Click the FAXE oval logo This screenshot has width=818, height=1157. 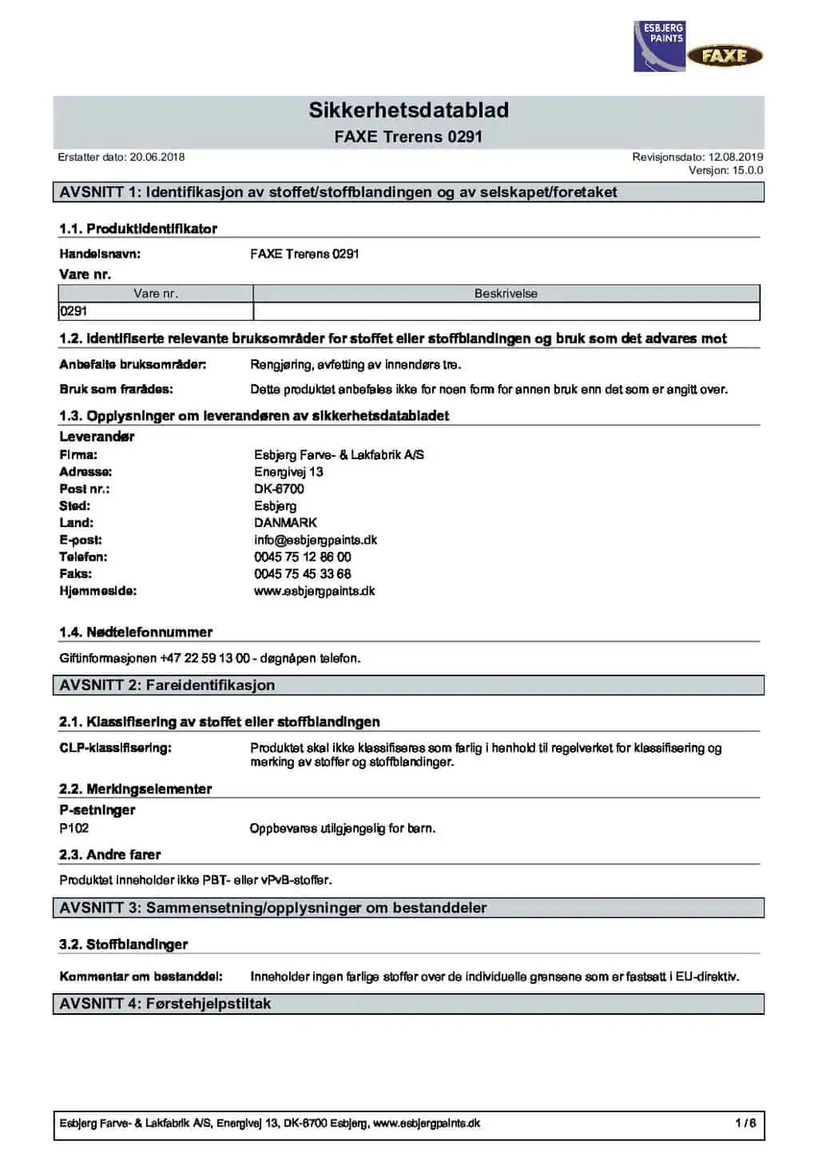click(725, 56)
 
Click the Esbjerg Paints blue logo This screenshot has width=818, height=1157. click(659, 47)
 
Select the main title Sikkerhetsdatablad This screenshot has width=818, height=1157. click(408, 110)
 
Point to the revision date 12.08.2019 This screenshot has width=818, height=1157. click(735, 157)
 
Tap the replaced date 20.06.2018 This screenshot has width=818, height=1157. click(157, 157)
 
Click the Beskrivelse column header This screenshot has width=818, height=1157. click(506, 294)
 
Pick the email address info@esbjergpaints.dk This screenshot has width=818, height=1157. click(316, 540)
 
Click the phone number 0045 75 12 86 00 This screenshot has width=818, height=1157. click(303, 557)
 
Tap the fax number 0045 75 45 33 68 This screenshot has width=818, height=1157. click(303, 574)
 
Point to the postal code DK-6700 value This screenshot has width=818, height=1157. click(279, 489)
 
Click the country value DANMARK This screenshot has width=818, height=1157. click(285, 523)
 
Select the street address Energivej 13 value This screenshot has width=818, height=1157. click(288, 472)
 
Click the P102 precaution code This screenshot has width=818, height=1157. click(74, 829)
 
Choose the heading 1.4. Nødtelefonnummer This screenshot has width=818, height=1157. click(136, 632)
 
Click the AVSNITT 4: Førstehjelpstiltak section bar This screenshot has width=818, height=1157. click(408, 1004)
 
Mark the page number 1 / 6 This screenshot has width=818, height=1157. click(745, 1123)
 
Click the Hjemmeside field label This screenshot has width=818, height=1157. click(98, 592)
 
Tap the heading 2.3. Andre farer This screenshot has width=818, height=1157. click(110, 855)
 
